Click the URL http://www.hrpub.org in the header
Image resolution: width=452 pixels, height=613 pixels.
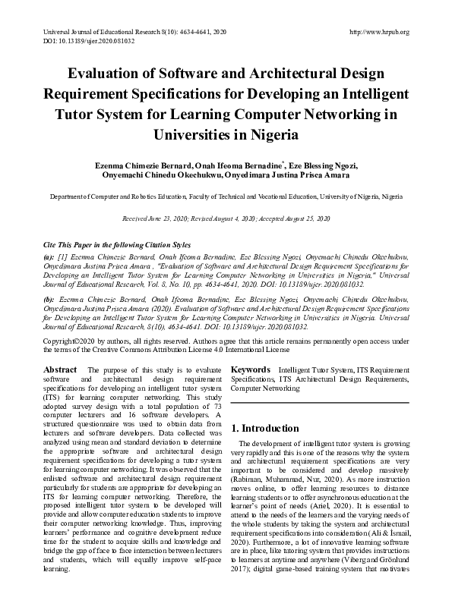click(378, 32)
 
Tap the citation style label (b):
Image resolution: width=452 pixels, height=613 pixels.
click(49, 300)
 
